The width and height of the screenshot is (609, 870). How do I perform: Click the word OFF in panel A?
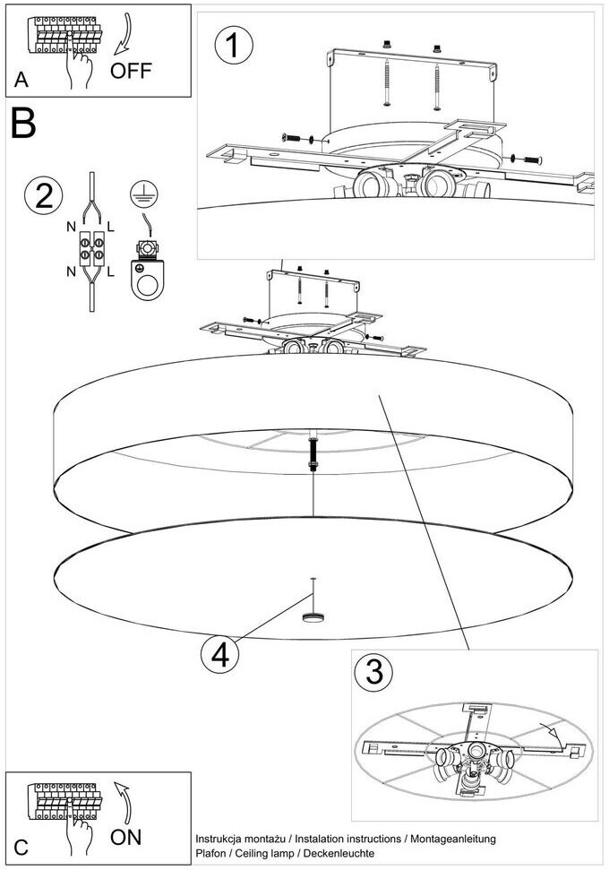131,70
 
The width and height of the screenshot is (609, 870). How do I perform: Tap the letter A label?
21,81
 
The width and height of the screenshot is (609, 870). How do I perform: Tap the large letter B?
23,124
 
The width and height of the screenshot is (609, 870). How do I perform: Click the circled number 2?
43,196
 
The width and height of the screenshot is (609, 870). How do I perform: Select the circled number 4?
219,655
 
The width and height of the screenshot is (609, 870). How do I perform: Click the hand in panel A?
81,68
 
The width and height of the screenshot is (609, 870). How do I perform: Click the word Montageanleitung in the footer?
453,840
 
